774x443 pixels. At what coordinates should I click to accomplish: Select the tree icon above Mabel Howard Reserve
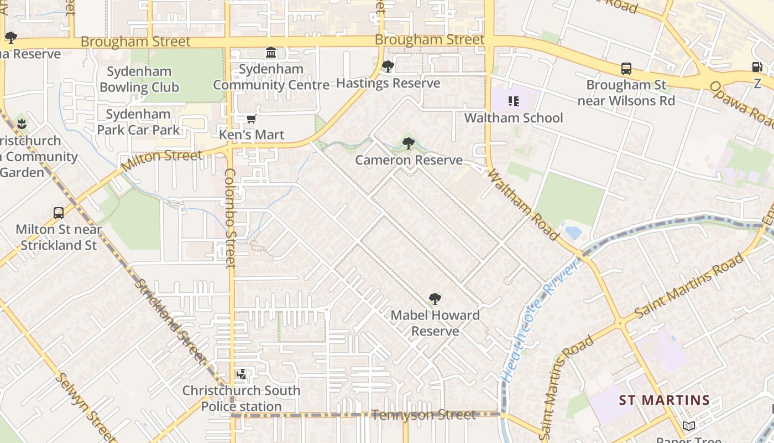[x=435, y=300]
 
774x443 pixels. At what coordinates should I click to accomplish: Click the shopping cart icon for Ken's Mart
[x=252, y=119]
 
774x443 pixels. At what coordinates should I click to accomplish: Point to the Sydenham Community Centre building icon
[x=271, y=53]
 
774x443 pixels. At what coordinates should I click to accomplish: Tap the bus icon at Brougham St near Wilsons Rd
[x=626, y=69]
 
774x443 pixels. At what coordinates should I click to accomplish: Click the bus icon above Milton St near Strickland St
[x=59, y=213]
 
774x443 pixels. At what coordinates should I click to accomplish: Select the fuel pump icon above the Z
[x=757, y=67]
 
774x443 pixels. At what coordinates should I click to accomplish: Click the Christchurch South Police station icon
[x=241, y=375]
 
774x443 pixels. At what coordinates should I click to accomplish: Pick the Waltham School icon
[x=514, y=101]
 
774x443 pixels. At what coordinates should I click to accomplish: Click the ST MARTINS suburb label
[x=664, y=400]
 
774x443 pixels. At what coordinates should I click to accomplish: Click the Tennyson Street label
[x=423, y=415]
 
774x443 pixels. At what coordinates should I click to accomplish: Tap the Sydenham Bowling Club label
[x=139, y=79]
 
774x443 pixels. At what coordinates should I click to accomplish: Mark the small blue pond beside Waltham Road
[x=573, y=231]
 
